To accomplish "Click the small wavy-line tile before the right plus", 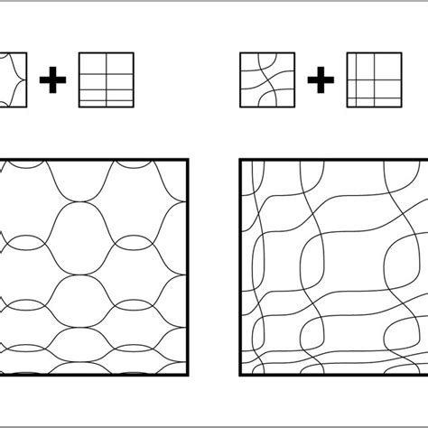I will tap(266, 85).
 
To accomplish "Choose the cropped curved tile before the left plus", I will tap(14, 85).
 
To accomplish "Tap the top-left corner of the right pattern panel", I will tap(241, 161).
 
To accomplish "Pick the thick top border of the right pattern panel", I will tap(334, 161).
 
